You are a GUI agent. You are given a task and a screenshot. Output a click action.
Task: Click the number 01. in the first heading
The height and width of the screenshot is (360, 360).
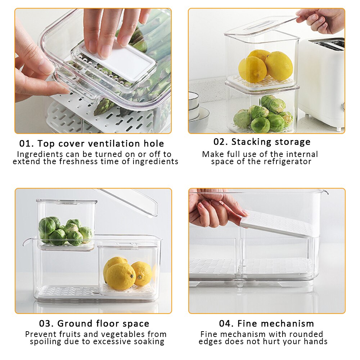click(x=27, y=144)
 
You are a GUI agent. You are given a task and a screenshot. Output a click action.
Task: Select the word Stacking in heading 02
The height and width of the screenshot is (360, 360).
click(x=251, y=142)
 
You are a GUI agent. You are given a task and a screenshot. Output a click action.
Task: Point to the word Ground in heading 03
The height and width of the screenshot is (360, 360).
click(x=74, y=323)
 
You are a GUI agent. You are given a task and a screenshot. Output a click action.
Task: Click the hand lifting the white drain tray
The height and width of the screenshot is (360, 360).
click(x=212, y=209)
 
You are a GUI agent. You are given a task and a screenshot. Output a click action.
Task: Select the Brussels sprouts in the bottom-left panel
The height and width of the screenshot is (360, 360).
click(x=65, y=230)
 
